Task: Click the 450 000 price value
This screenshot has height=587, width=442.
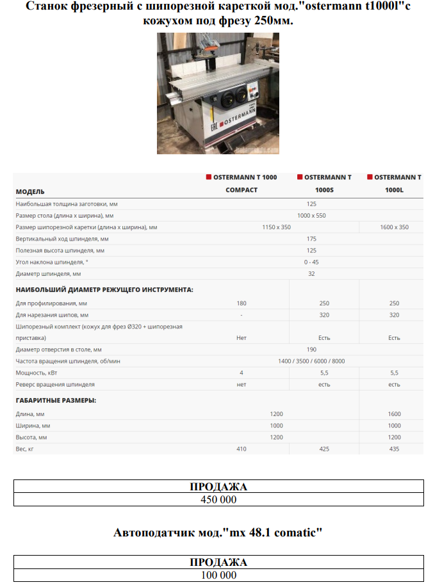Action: click(219, 499)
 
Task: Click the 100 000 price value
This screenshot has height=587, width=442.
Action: click(219, 575)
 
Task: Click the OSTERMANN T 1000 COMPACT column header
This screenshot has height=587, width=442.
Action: click(241, 183)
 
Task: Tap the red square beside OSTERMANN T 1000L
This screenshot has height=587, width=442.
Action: click(370, 177)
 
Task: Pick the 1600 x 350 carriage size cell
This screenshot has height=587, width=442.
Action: click(394, 227)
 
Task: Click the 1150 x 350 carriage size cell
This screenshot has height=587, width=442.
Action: click(276, 227)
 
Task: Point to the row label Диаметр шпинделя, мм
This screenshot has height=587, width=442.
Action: click(48, 273)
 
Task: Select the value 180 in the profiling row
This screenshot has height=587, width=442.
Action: click(241, 303)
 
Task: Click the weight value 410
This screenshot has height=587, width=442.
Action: click(241, 449)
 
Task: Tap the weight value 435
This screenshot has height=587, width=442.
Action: click(394, 449)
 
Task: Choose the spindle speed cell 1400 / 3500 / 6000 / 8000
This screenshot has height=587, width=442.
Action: click(311, 361)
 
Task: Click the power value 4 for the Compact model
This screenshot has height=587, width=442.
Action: click(241, 373)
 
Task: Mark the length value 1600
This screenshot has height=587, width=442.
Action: click(394, 414)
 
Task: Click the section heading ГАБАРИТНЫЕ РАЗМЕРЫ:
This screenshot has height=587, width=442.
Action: click(56, 400)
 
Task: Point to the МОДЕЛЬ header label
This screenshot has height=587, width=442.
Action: click(30, 191)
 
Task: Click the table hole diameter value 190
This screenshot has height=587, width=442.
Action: click(311, 350)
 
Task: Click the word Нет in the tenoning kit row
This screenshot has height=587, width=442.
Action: click(241, 337)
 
